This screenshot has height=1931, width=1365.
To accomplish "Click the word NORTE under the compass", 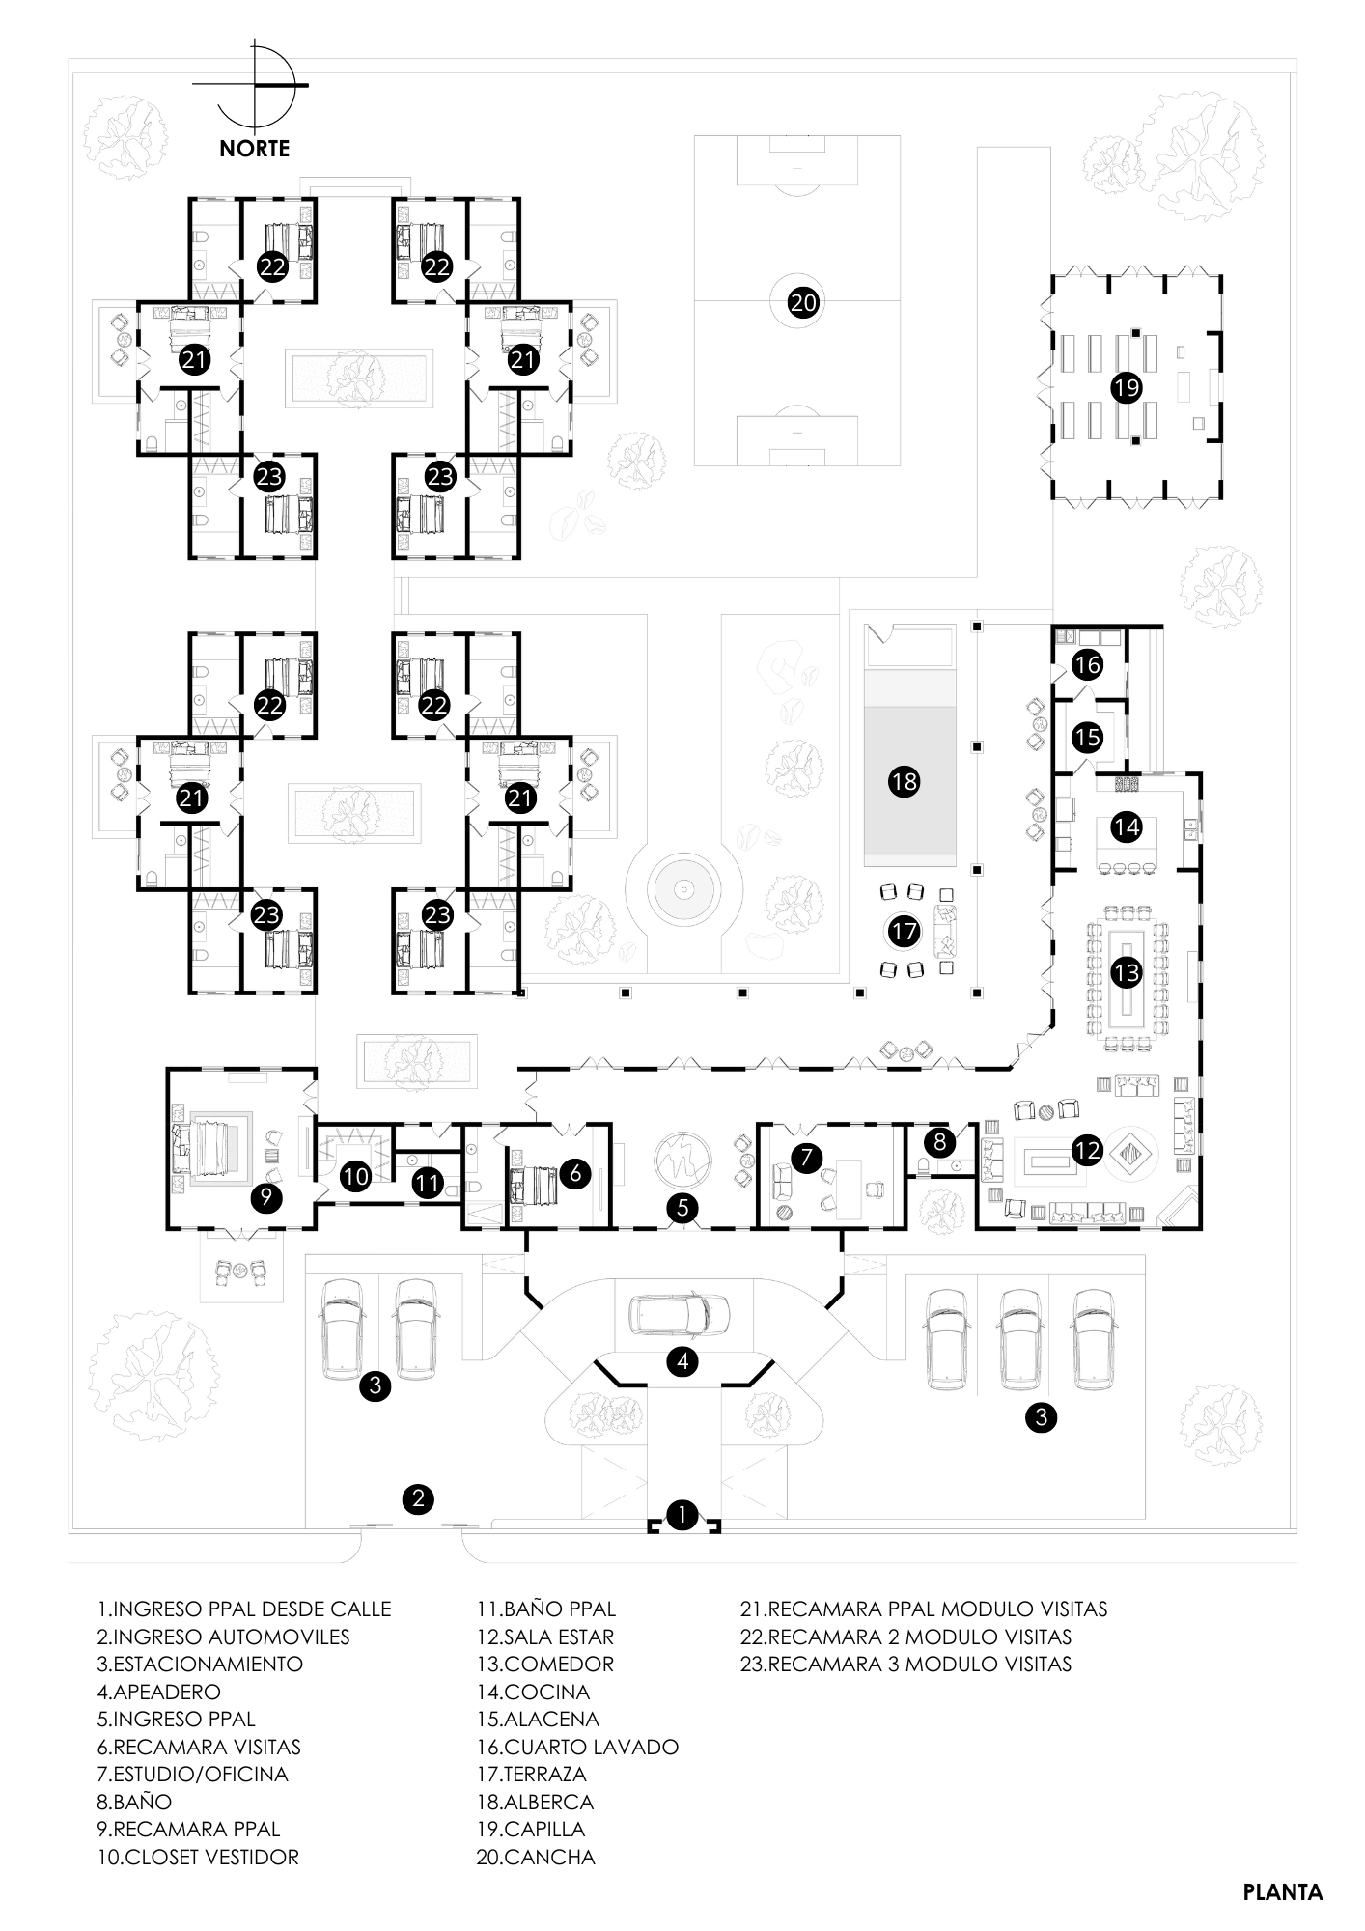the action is (x=254, y=149).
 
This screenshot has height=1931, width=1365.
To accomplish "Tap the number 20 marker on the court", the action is (x=803, y=302).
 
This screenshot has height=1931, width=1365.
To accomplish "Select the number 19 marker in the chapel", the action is (x=1127, y=388).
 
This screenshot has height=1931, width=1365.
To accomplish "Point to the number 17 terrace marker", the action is (x=905, y=932).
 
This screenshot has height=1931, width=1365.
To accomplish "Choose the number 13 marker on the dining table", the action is (x=1127, y=972).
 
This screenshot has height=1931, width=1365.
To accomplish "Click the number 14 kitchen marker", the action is (x=1127, y=826).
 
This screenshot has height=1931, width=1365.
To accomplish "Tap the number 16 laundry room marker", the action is (x=1088, y=665).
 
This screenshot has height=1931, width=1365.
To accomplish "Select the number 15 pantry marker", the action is (x=1088, y=738).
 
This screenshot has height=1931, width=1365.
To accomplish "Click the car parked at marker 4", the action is (x=680, y=1313).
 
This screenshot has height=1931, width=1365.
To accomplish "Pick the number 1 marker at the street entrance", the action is (x=682, y=1514).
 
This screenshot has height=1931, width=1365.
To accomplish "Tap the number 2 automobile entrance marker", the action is (x=418, y=1498).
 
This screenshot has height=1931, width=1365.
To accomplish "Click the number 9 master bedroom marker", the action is (x=266, y=1197).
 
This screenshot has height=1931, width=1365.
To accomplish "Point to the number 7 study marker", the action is (x=805, y=1155).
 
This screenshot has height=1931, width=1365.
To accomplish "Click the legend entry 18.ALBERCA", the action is (x=534, y=1802).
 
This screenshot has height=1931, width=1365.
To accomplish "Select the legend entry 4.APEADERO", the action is (x=158, y=1692).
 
